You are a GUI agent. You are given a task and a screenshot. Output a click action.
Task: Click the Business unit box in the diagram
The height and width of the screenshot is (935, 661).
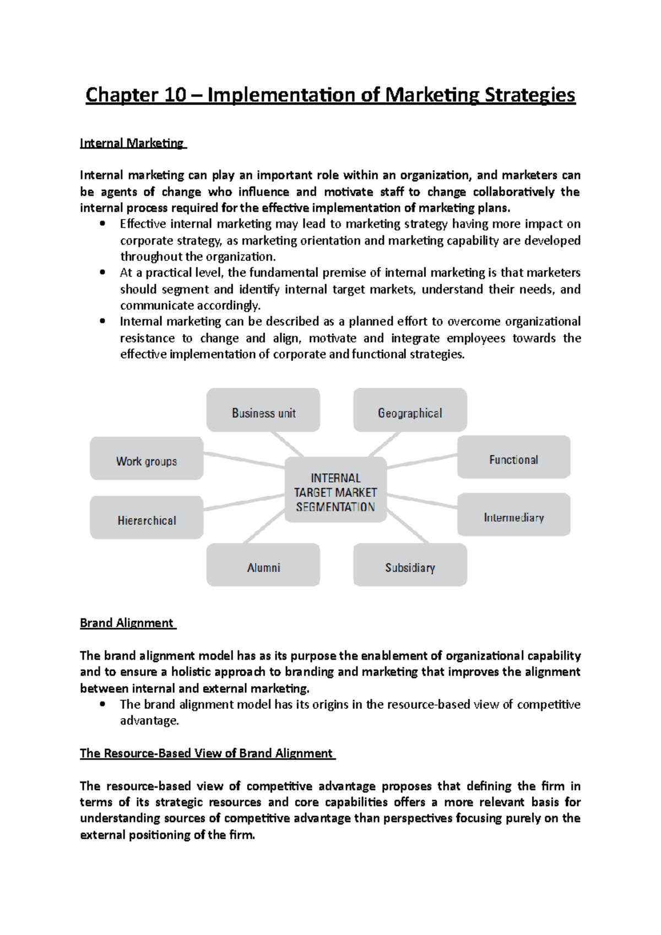(263, 410)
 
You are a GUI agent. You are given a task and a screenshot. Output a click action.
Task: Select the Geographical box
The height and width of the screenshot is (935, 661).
(410, 410)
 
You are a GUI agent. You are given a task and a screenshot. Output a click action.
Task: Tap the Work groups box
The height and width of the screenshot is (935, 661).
(147, 459)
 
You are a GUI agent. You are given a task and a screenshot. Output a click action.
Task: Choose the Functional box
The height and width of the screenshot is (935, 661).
(513, 457)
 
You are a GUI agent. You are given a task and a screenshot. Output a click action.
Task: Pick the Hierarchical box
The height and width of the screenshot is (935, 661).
(147, 518)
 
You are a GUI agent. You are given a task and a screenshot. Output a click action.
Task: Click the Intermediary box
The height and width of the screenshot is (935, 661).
(513, 515)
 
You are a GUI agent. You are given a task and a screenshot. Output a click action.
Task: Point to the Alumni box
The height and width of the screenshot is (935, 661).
(263, 565)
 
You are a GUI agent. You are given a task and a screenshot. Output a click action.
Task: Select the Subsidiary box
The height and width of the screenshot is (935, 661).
(410, 565)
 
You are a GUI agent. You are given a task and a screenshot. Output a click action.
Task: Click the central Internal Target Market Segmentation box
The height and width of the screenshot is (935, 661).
(335, 490)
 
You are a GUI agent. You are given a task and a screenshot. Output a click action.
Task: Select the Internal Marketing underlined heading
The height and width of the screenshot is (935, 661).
(132, 143)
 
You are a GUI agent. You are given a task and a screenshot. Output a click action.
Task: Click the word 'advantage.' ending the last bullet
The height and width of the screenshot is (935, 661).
(149, 721)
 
